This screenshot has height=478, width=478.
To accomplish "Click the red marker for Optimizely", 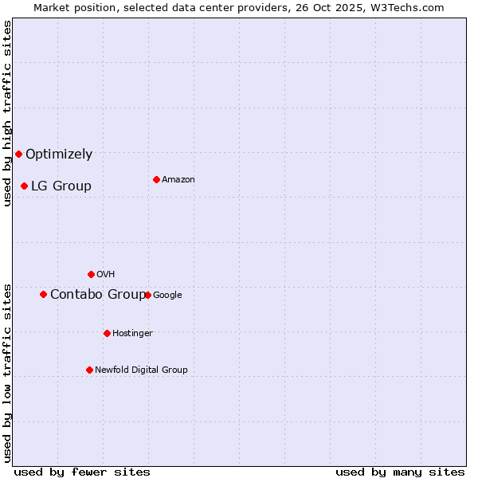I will click(x=18, y=154).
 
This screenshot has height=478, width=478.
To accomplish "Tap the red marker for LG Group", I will click(x=24, y=186).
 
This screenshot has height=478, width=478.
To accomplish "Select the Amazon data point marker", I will click(x=156, y=179).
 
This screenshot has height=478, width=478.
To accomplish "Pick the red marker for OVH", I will click(x=91, y=274).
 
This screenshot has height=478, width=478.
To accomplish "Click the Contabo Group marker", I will click(x=43, y=294).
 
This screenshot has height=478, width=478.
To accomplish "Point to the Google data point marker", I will click(x=147, y=295).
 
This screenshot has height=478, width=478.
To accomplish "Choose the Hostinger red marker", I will click(x=107, y=333).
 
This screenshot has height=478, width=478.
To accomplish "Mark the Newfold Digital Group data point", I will click(x=89, y=370).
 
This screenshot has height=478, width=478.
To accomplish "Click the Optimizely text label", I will click(x=59, y=155).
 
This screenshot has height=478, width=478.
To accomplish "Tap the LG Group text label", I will click(x=61, y=186).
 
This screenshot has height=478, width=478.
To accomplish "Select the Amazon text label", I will click(x=178, y=180).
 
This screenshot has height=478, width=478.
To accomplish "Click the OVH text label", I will click(x=106, y=275).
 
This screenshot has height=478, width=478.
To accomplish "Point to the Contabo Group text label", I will click(x=98, y=295).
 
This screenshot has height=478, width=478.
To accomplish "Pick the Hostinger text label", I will click(x=132, y=334).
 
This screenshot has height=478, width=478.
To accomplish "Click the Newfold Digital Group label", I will click(x=142, y=370).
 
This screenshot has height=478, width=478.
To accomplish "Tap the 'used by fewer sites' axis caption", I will click(x=82, y=472).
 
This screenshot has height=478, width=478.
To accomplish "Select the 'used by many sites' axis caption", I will click(x=400, y=472).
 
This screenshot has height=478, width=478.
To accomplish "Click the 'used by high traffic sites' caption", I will click(x=8, y=113).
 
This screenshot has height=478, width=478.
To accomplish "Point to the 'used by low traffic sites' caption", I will click(x=8, y=373).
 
